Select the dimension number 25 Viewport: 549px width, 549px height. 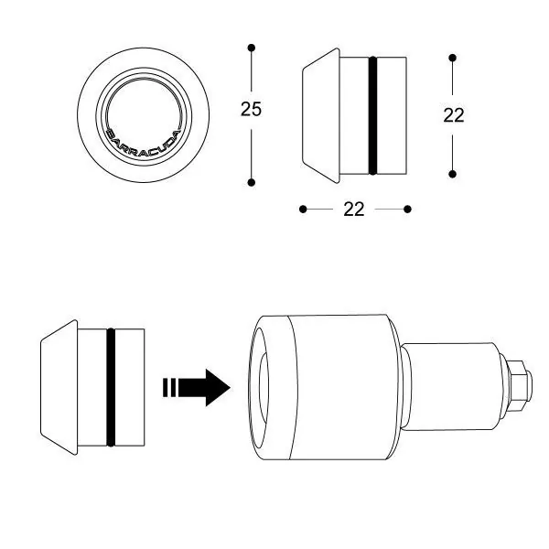pyautogui.click(x=251, y=110)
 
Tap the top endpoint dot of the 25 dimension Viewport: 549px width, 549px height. pyautogui.click(x=252, y=46)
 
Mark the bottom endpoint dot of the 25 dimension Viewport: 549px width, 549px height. pyautogui.click(x=252, y=183)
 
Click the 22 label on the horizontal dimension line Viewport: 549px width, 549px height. pyautogui.click(x=354, y=210)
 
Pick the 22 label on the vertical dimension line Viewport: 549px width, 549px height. pyautogui.click(x=453, y=115)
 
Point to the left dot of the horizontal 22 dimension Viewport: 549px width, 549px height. pyautogui.click(x=303, y=210)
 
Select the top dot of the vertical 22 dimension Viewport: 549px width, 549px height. pyautogui.click(x=453, y=58)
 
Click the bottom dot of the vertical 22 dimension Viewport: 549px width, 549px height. pyautogui.click(x=453, y=174)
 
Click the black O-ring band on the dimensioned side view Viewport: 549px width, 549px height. pyautogui.click(x=371, y=115)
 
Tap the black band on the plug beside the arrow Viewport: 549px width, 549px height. pyautogui.click(x=111, y=387)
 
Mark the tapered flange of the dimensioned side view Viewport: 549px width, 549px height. pyautogui.click(x=319, y=115)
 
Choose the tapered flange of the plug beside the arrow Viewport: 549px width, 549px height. pyautogui.click(x=59, y=387)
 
